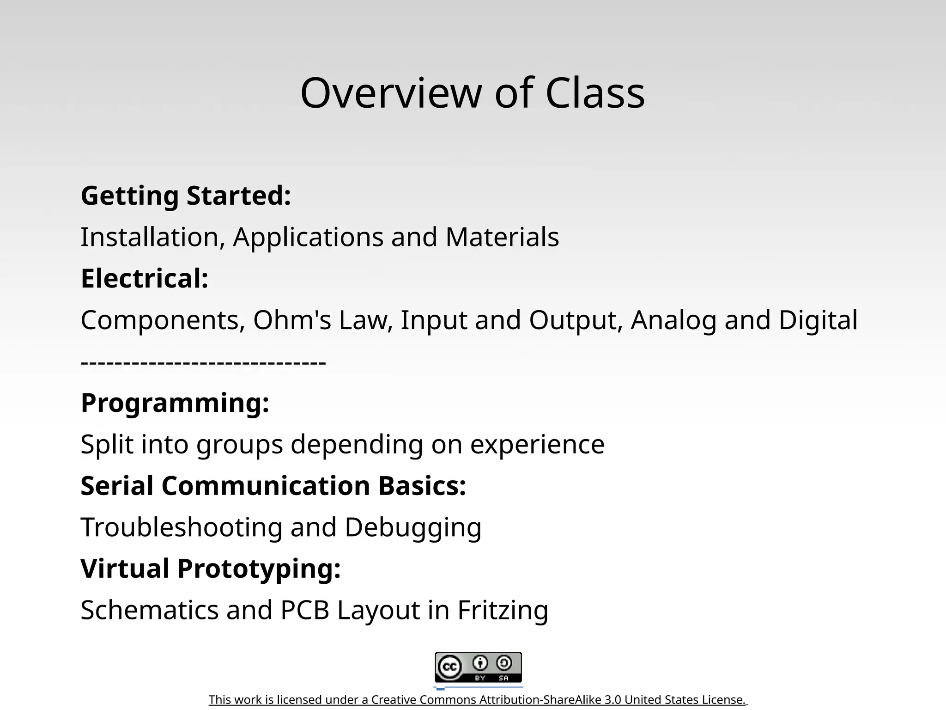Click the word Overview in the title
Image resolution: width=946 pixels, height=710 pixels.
(391, 93)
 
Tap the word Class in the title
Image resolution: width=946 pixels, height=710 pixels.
(595, 93)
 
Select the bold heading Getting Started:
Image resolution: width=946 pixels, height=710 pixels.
(186, 196)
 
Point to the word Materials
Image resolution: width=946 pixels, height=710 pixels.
(502, 237)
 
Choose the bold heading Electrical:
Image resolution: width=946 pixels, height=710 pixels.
(145, 279)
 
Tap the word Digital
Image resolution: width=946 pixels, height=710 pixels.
(818, 320)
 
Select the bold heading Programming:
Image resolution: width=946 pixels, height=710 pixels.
(175, 403)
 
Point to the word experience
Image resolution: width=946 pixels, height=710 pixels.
(537, 445)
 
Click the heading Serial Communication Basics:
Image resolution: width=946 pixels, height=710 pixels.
(273, 486)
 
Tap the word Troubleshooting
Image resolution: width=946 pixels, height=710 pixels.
(182, 527)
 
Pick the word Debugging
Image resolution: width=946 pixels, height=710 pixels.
(413, 527)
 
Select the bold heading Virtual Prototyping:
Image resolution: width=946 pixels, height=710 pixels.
(211, 569)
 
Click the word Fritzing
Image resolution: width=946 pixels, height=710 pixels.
(503, 610)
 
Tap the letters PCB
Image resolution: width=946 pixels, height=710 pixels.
(304, 610)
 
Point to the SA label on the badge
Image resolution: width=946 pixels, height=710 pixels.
(503, 678)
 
